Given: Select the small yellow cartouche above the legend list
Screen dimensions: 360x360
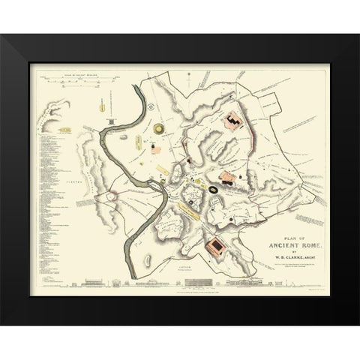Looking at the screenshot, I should [64, 132].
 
